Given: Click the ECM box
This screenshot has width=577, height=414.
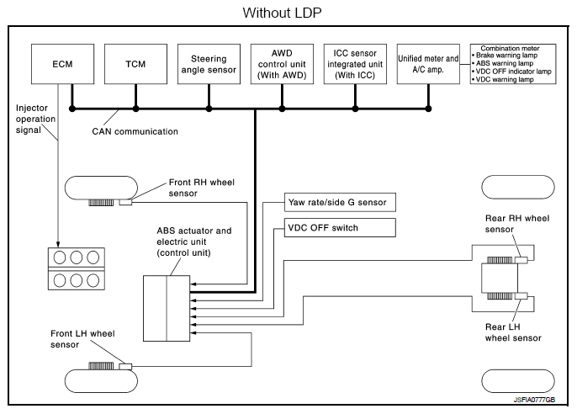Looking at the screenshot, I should [x=61, y=63].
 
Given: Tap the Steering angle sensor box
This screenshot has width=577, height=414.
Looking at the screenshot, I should [x=209, y=63].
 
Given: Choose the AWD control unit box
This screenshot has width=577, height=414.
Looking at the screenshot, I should [x=282, y=63].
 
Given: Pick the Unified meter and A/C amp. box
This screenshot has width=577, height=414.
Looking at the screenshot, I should [x=428, y=63].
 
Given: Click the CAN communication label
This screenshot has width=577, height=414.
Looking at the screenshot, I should [x=135, y=131].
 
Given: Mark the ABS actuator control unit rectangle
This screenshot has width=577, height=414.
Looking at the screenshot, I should [x=167, y=307].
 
